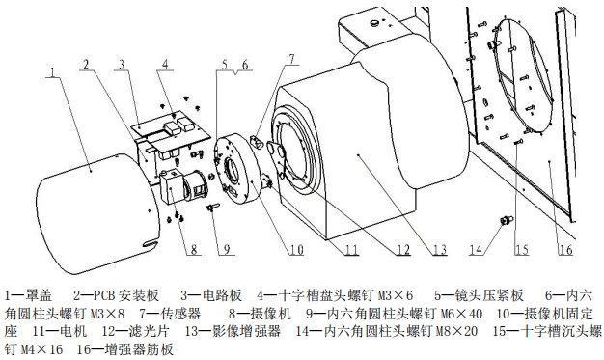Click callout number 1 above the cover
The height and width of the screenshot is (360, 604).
coord(53,71)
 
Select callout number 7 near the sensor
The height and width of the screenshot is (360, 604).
coord(292,59)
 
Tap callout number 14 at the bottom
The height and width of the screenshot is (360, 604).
coord(476,249)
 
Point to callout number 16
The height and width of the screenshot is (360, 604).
coord(565,249)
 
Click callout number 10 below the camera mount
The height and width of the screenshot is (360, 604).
coord(296,250)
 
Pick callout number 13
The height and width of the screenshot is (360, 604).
coord(440,250)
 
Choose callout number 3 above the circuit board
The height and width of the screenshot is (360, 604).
coord(122,64)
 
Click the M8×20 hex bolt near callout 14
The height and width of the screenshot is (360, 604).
coord(506,220)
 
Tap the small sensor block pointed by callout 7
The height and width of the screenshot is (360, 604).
coord(255,141)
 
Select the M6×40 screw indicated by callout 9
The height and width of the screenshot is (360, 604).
coord(213,208)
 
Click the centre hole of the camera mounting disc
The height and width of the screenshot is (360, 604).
coord(232,170)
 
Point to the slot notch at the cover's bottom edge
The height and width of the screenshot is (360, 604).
coord(151,243)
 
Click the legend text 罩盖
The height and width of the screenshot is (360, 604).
coord(38,295)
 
